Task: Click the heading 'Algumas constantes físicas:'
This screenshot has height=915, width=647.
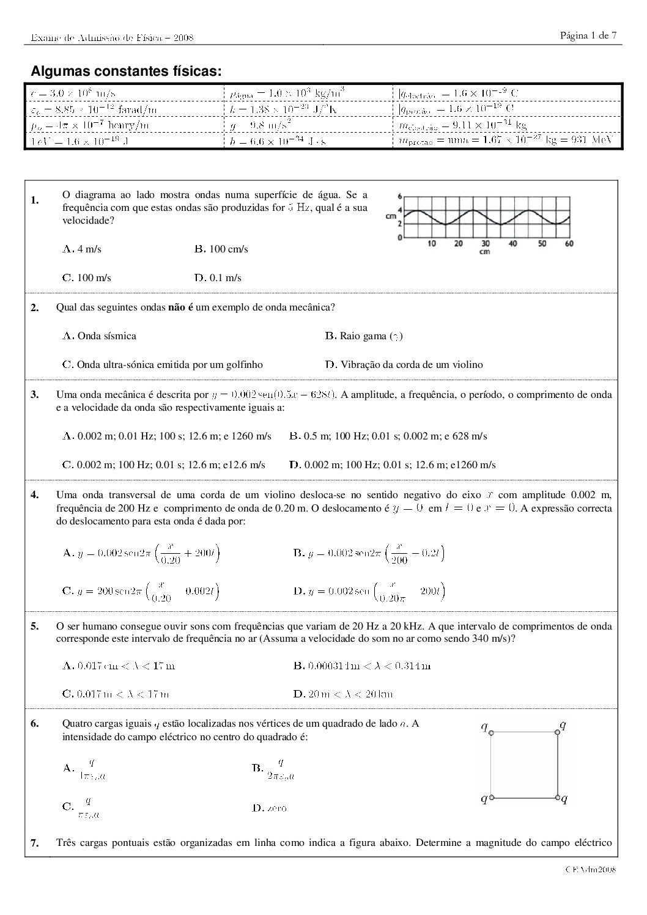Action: pos(126,72)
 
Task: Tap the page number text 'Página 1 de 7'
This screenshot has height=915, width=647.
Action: pos(588,35)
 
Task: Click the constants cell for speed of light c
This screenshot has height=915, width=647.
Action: pos(74,94)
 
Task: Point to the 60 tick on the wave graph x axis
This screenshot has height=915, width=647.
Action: pos(569,244)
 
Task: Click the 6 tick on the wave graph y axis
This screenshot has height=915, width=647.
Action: pos(400,197)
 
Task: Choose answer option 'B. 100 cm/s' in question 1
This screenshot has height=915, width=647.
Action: pos(221,249)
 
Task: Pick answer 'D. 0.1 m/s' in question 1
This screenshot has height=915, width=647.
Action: pos(218,278)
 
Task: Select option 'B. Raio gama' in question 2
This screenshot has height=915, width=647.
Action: pos(363,336)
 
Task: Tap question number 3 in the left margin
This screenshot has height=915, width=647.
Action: pos(35,395)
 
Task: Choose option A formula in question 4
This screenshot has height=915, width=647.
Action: pos(141,554)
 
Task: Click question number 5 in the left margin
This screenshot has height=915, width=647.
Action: pos(35,627)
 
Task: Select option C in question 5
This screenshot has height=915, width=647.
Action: pos(116,694)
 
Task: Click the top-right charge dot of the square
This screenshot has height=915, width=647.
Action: pos(557,732)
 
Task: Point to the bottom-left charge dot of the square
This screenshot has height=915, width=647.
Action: pos(492,798)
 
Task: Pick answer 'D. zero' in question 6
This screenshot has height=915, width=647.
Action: pos(268,808)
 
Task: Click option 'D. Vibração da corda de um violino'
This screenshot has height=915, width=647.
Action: pos(404,365)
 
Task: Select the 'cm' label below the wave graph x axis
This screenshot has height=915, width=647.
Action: pos(484,251)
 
